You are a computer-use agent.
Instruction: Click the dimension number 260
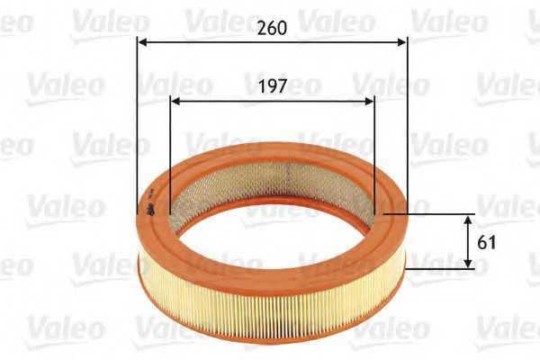[272, 28]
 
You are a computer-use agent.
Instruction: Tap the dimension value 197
[272, 86]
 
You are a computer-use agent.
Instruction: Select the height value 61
[488, 241]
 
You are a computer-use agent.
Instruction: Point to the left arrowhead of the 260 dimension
[141, 40]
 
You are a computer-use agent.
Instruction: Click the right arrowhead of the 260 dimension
[401, 40]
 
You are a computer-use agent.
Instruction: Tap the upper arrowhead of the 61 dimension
[469, 220]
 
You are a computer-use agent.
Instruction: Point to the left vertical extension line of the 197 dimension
[169, 153]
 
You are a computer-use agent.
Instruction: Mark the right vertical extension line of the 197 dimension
[373, 153]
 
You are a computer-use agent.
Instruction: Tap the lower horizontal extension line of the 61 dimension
[441, 267]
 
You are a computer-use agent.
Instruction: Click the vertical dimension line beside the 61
[469, 241]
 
